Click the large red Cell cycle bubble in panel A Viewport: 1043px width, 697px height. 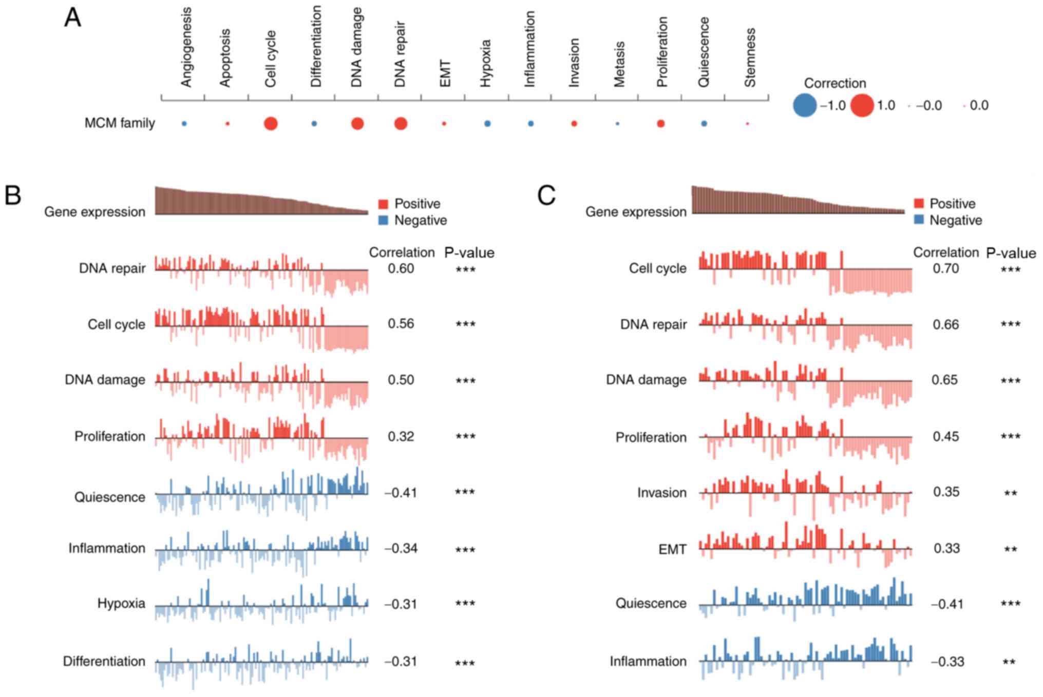[x=271, y=124]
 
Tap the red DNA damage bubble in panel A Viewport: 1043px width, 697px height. [x=357, y=124]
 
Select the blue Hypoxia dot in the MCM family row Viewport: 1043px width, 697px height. [x=487, y=124]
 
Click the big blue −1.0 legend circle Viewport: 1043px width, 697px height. [x=805, y=105]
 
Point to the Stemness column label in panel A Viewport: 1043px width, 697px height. [x=750, y=57]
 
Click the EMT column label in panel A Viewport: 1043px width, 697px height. [x=445, y=73]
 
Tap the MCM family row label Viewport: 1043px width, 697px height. [x=120, y=123]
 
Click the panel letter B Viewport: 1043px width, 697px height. [x=13, y=195]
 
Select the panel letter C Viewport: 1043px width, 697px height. [x=546, y=195]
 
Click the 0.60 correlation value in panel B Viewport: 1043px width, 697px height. [x=401, y=268]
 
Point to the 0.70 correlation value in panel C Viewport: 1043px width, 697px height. [x=945, y=268]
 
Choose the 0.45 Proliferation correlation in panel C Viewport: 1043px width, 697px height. [x=945, y=436]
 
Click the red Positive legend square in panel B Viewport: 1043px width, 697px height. [x=383, y=204]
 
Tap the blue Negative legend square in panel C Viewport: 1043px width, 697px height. [x=919, y=220]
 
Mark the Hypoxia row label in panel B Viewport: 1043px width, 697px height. [x=121, y=603]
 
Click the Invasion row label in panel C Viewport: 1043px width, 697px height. [x=661, y=493]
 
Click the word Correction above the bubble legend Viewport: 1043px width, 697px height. [x=835, y=83]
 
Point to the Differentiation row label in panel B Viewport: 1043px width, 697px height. [x=104, y=661]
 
